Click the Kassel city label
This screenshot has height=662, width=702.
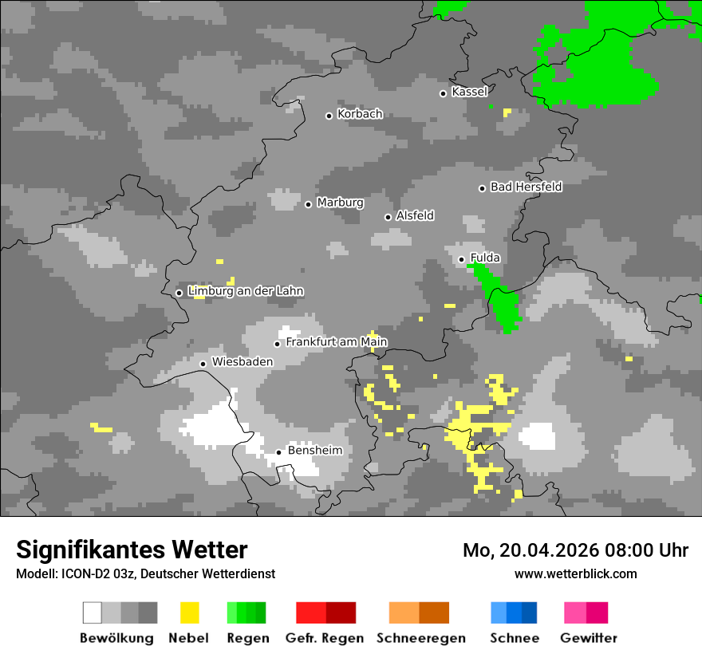point(469,92)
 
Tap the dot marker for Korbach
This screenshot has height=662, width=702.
point(329,116)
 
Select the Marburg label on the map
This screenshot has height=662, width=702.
point(340,203)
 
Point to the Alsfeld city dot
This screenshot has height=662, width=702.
point(388,217)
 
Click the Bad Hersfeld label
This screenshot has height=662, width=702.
point(526,187)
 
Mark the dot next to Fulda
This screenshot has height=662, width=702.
point(461,259)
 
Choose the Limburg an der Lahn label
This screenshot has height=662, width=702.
point(246,291)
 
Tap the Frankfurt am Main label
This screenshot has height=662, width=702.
point(337,342)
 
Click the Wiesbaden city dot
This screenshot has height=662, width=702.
point(203,364)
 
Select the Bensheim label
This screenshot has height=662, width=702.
point(315,451)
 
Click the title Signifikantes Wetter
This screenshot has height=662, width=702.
point(132,550)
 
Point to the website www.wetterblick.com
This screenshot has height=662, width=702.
point(575,573)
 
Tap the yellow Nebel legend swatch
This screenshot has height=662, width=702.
point(190,613)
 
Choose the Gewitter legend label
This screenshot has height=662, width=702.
point(589,638)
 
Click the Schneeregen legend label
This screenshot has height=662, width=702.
point(421,638)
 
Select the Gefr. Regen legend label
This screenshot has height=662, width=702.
point(325,638)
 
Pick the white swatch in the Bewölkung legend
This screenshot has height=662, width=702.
point(93,613)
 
